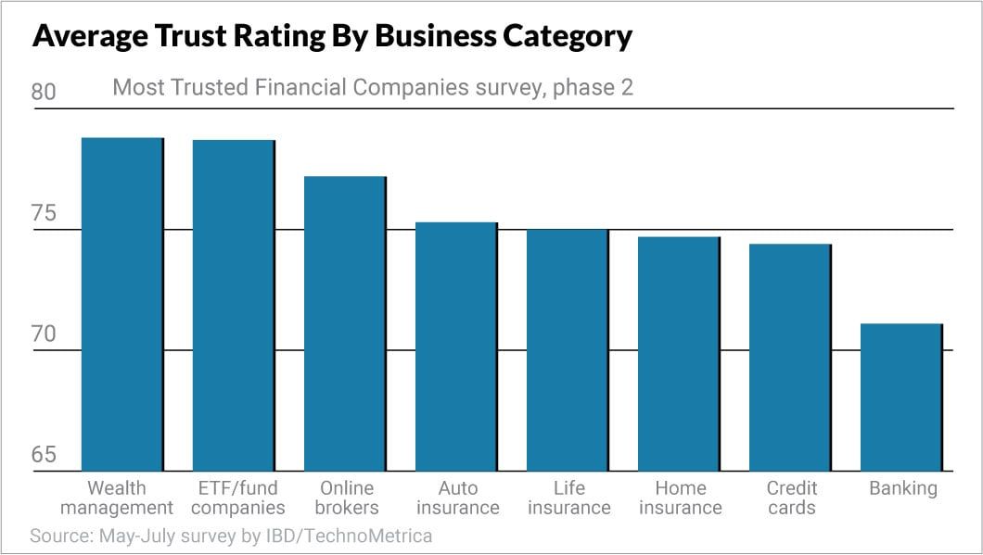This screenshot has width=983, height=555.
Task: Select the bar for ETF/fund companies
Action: click(x=234, y=305)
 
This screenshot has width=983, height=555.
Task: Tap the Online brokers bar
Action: click(x=345, y=323)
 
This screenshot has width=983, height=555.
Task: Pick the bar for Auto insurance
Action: click(x=456, y=347)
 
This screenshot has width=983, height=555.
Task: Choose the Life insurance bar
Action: click(x=568, y=349)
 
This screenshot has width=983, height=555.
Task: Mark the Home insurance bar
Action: click(x=679, y=353)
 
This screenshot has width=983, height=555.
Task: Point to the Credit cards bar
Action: click(x=790, y=357)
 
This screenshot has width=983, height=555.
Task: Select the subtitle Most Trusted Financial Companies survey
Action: click(x=372, y=88)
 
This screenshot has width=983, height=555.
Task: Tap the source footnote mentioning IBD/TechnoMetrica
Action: click(x=231, y=536)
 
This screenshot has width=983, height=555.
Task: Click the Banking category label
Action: click(x=902, y=488)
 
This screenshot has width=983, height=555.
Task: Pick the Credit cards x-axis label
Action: click(x=791, y=498)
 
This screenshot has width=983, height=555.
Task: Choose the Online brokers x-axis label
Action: click(x=347, y=498)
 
